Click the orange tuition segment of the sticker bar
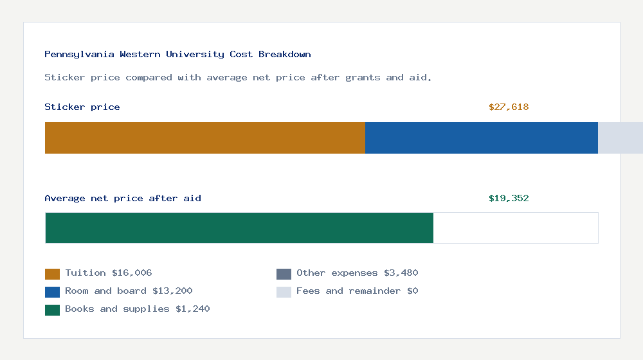click(204, 138)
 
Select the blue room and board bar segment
click(482, 138)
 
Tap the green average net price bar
click(239, 228)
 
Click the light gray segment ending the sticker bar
click(620, 138)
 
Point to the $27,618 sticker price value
click(509, 107)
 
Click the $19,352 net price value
click(509, 199)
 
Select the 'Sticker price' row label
click(82, 107)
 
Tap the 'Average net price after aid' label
click(123, 199)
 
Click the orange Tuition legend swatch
click(52, 274)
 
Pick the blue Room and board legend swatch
click(52, 292)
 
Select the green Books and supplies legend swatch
click(52, 310)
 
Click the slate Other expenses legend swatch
click(284, 274)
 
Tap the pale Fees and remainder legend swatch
click(284, 292)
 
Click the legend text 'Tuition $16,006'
click(109, 273)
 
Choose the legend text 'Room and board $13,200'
click(129, 291)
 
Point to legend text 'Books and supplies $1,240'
click(138, 309)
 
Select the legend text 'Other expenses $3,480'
click(357, 273)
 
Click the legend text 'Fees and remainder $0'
click(357, 291)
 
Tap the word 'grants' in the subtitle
click(363, 78)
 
